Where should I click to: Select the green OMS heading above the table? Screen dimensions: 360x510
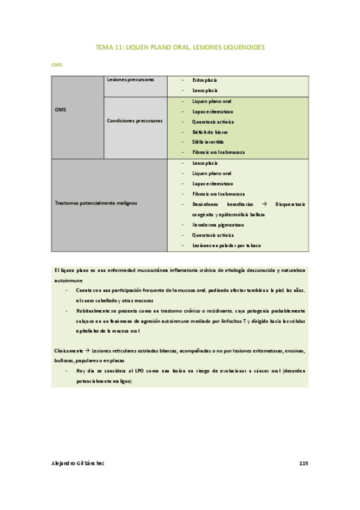tap(56, 63)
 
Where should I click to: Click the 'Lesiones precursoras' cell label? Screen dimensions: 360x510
tap(130, 79)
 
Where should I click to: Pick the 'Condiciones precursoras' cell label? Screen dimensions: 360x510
tap(135, 121)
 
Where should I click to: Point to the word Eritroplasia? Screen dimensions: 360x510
tap(205, 80)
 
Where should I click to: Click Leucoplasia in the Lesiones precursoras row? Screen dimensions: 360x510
tap(206, 90)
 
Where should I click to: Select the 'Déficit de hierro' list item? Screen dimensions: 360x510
tap(210, 132)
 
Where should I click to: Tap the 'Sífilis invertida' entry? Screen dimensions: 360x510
tap(210, 142)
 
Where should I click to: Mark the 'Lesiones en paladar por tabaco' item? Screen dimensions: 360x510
tap(227, 245)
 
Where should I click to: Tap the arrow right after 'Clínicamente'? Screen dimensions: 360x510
tap(87, 350)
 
